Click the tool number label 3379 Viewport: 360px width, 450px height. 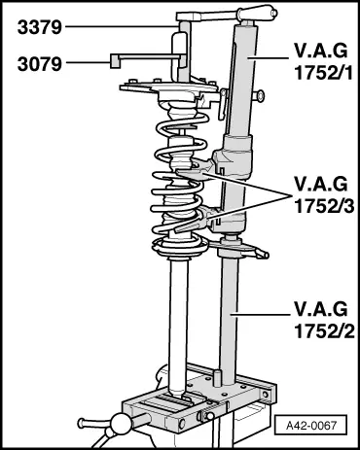pyautogui.click(x=39, y=27)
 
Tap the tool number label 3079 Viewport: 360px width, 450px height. pyautogui.click(x=39, y=64)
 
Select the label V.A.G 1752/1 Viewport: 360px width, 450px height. pyautogui.click(x=323, y=62)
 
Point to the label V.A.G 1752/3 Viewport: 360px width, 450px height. pyautogui.click(x=323, y=195)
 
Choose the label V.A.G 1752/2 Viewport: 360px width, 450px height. pyautogui.click(x=324, y=320)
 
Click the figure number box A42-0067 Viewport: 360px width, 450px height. pyautogui.click(x=310, y=425)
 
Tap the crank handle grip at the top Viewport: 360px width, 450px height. pyautogui.click(x=257, y=13)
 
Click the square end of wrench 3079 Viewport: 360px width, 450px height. pyautogui.click(x=115, y=61)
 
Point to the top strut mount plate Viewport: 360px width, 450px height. pyautogui.click(x=168, y=87)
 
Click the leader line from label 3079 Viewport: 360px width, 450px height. pyautogui.click(x=88, y=61)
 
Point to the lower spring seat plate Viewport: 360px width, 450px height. pyautogui.click(x=180, y=248)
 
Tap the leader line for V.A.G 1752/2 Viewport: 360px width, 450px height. pyautogui.click(x=259, y=314)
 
